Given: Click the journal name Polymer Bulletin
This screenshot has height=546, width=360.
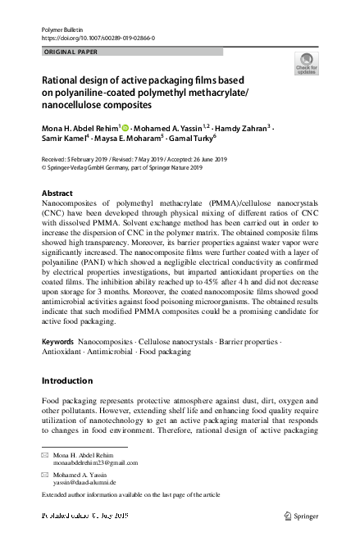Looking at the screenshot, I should (x=62, y=29).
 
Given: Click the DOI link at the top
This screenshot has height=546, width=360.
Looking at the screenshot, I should (x=98, y=38).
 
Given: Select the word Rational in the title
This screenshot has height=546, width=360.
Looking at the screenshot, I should (x=64, y=81).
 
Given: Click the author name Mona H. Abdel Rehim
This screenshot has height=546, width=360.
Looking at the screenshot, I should (x=80, y=128).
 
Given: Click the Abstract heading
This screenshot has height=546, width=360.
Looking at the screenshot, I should (x=57, y=193).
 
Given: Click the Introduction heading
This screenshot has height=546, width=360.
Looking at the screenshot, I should (x=67, y=381).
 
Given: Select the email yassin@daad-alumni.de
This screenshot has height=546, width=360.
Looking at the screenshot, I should (x=84, y=483).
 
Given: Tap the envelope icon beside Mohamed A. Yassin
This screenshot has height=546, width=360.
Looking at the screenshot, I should (x=45, y=475).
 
